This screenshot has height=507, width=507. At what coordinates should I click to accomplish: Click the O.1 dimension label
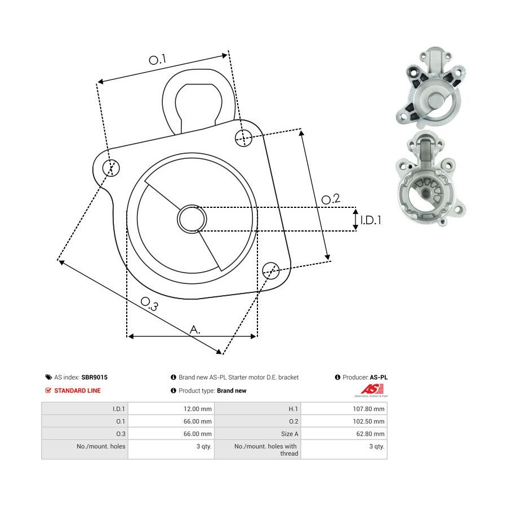(x=157, y=60)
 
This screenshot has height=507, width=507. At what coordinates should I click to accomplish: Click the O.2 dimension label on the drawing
(x=331, y=199)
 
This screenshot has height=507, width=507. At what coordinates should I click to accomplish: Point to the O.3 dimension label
(x=149, y=304)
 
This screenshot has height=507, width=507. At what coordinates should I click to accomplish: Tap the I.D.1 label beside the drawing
(x=371, y=220)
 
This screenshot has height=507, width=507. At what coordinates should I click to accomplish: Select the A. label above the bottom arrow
(x=195, y=330)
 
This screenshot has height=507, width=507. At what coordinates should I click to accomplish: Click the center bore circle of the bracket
(x=192, y=219)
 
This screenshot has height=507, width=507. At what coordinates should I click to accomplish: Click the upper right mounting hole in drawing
(x=243, y=138)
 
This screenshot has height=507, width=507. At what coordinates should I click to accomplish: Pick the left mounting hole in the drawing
(x=111, y=168)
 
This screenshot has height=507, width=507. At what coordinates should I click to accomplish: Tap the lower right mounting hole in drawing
(x=270, y=270)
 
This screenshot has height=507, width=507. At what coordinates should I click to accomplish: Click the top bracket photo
(x=431, y=87)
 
